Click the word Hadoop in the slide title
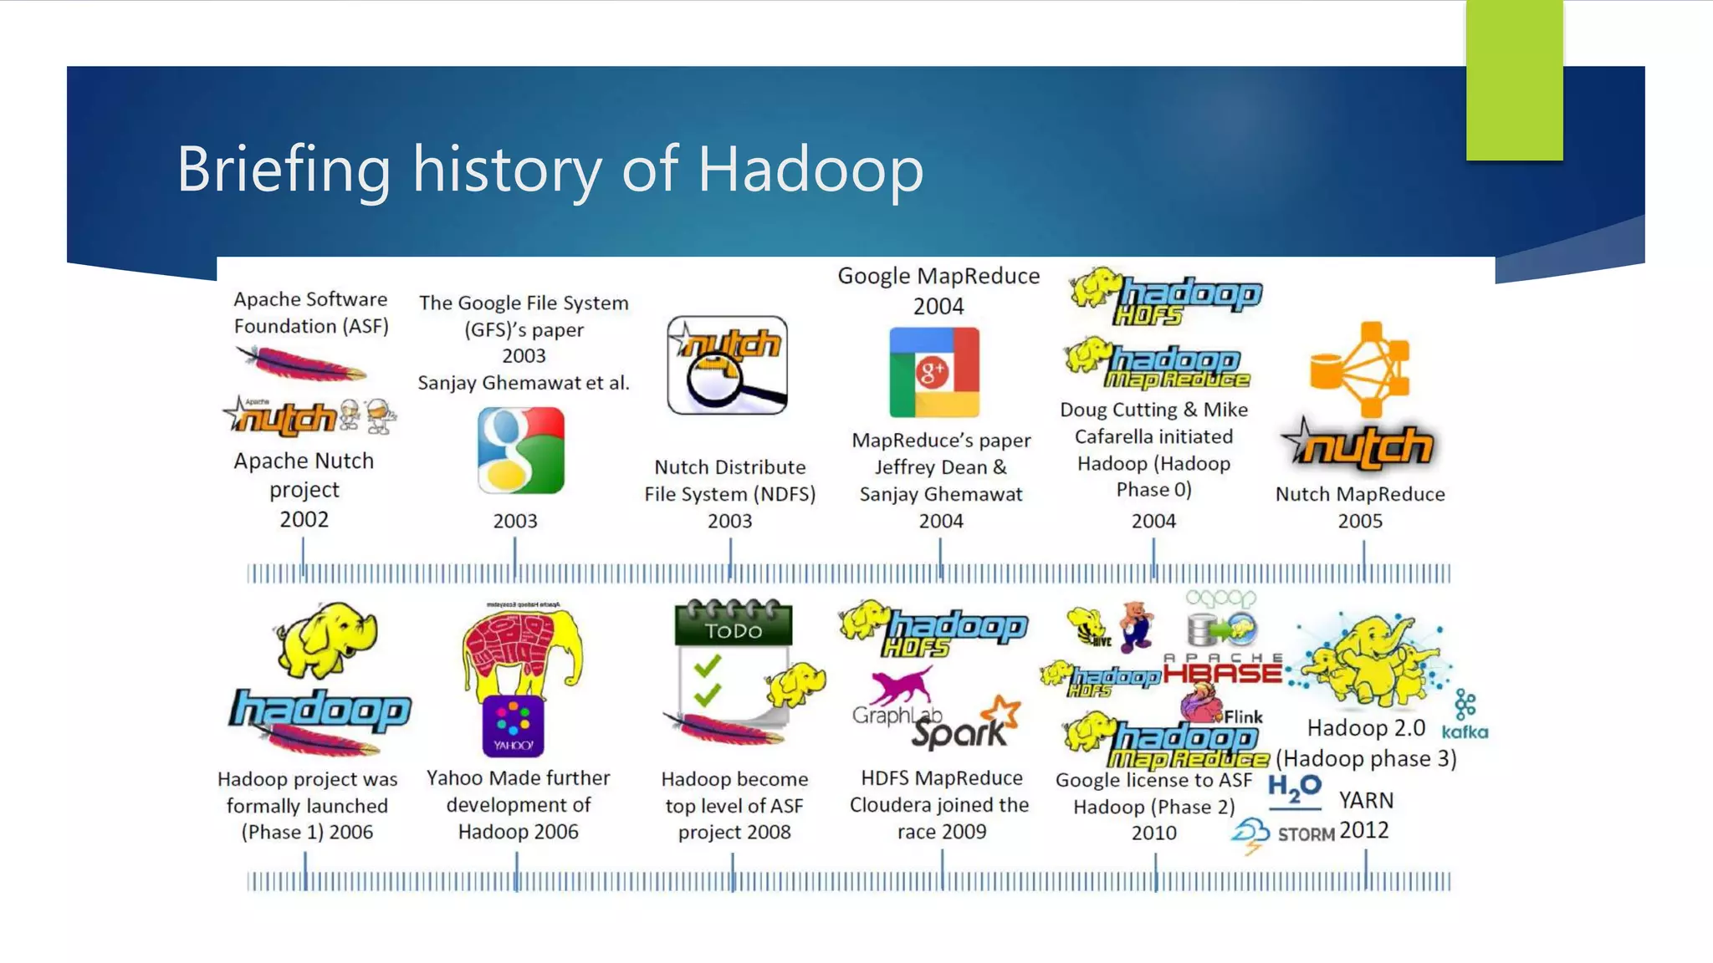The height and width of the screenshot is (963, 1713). pos(810,170)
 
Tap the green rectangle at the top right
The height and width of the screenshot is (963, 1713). pos(1514,80)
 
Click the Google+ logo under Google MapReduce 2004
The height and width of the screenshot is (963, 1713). pos(933,372)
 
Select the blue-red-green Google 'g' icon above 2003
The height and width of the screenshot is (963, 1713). pos(520,450)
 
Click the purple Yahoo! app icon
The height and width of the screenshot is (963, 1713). pos(513,726)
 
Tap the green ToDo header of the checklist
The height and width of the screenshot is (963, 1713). pos(733,629)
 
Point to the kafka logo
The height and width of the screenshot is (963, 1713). pos(1465,731)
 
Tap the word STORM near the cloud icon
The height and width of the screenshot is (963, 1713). pos(1306,834)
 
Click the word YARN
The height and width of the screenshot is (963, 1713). pos(1366,800)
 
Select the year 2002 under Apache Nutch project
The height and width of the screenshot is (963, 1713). pos(304,519)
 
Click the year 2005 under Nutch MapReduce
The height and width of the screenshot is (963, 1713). pos(1360,521)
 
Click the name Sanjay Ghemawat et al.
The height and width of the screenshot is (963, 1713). pos(524,383)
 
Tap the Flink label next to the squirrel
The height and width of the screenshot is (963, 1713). pos(1243,716)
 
